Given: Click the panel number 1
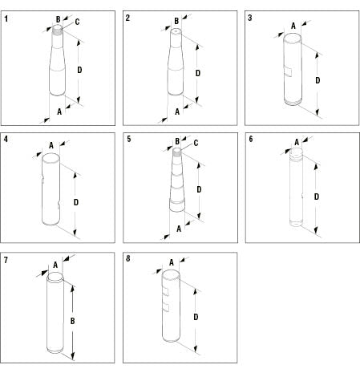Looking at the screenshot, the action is [x=6, y=18].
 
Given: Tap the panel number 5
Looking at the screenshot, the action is [x=129, y=139].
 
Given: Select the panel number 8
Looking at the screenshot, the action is [x=128, y=258].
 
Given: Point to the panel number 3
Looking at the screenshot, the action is [x=250, y=18].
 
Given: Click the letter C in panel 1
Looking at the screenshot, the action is [x=77, y=22].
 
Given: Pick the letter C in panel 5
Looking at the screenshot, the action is [x=196, y=143].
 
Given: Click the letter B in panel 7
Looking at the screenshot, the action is [x=72, y=321].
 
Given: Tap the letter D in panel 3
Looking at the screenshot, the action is [x=318, y=80].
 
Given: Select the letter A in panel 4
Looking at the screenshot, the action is [x=51, y=145].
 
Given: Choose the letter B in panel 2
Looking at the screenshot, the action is [x=176, y=21].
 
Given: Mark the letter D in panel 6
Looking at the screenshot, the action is [x=317, y=197].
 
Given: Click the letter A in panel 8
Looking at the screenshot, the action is [x=172, y=262].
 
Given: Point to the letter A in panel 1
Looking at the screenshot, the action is [x=59, y=111].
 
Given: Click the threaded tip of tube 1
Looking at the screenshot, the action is [x=57, y=30].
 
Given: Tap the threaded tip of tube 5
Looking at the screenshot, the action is [x=177, y=152].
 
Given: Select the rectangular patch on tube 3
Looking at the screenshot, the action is [x=288, y=72].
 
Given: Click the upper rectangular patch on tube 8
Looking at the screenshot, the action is [x=166, y=292].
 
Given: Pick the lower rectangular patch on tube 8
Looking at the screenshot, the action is [x=166, y=307].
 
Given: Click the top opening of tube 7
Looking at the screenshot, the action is [x=55, y=276].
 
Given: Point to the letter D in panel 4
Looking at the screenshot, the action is [x=76, y=202].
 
